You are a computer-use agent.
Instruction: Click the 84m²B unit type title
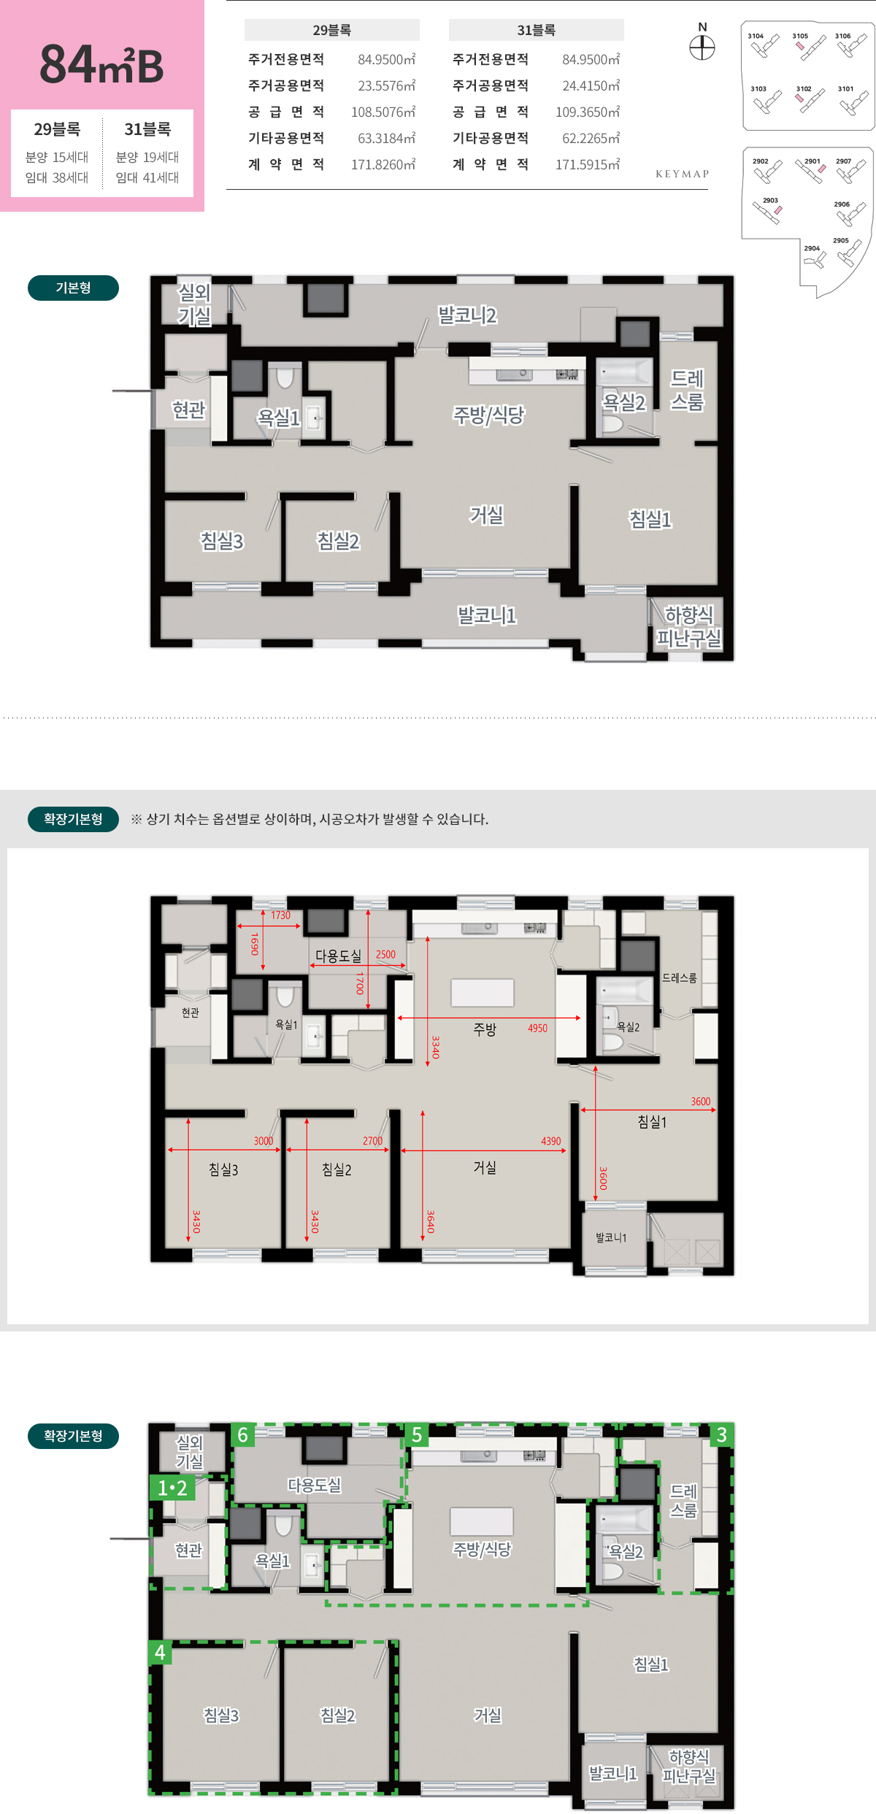101,64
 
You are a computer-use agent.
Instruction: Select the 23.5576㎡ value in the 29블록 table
386,85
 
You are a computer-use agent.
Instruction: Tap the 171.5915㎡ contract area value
588,164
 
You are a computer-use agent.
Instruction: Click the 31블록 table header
536,30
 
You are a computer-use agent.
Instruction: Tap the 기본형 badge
73,288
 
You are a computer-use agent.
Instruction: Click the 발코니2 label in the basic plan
467,315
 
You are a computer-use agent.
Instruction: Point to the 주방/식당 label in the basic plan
488,415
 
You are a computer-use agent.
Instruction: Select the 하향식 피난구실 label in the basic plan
688,626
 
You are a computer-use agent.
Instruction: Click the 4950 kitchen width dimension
537,1028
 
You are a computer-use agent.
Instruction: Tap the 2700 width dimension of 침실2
372,1141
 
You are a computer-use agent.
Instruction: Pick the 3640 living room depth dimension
431,1221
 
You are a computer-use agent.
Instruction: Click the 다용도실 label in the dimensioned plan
338,956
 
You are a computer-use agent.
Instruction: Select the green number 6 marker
243,1435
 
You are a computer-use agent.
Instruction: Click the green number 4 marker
161,1653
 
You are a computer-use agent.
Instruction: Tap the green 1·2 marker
172,1488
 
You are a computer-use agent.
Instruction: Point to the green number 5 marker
417,1435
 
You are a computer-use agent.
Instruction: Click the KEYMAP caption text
682,174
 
